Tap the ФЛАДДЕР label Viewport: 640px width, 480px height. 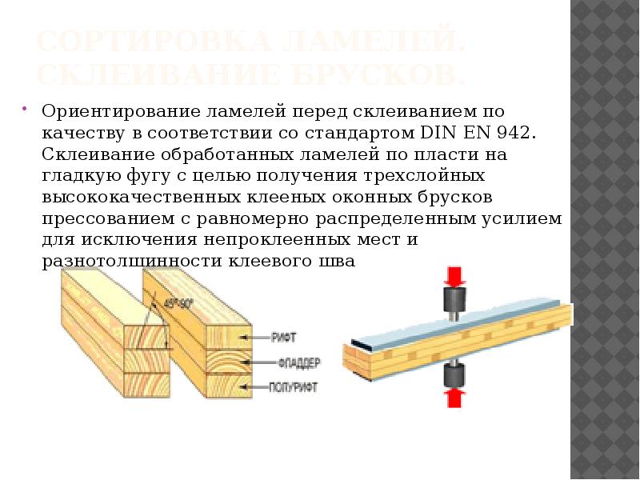pos(300,362)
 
